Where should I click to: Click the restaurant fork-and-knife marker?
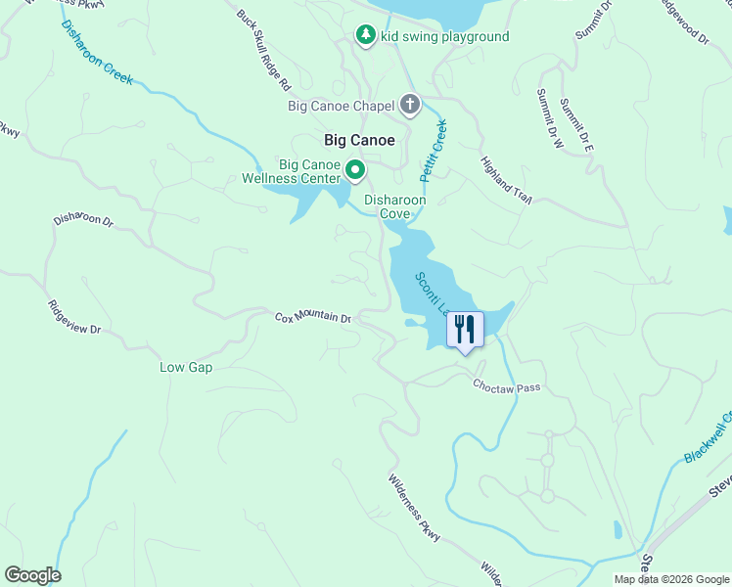[465, 329]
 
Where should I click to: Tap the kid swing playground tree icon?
[366, 36]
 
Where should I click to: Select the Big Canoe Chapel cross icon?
[409, 105]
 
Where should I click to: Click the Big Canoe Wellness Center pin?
[355, 171]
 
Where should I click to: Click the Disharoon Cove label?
[394, 206]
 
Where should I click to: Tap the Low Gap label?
[186, 368]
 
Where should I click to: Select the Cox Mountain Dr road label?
[312, 317]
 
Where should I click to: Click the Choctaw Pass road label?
[507, 387]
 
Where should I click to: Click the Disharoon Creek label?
[97, 53]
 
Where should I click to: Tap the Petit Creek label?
[433, 151]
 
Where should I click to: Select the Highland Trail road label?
[505, 180]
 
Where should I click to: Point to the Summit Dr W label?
[550, 118]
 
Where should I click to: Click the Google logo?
[32, 575]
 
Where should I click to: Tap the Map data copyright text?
[671, 579]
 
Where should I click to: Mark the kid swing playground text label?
[444, 37]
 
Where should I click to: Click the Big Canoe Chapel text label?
[342, 106]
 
